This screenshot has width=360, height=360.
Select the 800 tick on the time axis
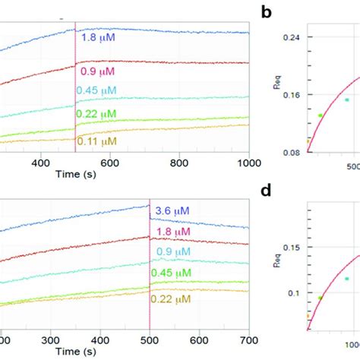179,162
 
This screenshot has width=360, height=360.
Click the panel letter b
266,12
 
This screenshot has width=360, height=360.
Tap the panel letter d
266,189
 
